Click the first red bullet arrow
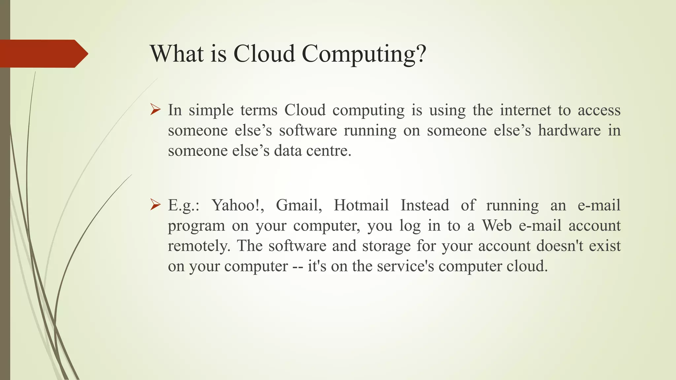point(155,110)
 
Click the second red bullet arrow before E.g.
point(155,205)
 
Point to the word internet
point(525,110)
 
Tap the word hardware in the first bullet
point(569,130)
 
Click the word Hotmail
point(361,205)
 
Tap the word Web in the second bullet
point(497,226)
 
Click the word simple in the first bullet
point(211,111)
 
